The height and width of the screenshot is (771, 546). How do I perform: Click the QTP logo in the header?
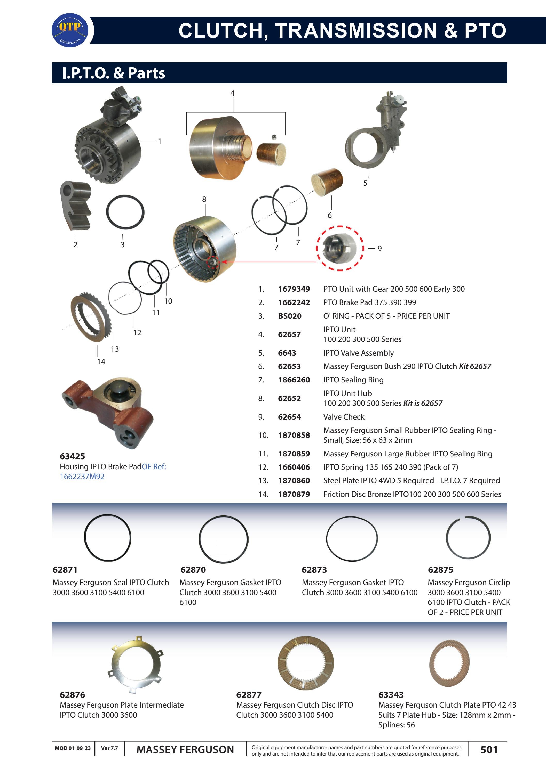(x=70, y=30)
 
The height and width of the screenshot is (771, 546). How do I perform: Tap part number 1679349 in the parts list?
(x=294, y=289)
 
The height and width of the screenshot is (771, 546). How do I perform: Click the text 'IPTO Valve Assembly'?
(x=358, y=353)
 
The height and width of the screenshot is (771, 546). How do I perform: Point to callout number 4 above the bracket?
(x=232, y=93)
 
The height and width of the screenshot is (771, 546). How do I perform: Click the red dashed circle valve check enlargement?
(x=339, y=248)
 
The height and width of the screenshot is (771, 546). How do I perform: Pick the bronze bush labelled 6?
(x=327, y=183)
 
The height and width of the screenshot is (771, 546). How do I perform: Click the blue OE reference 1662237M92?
(x=82, y=477)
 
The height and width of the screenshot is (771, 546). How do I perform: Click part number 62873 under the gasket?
(x=314, y=570)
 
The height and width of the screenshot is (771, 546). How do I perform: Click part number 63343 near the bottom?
(x=391, y=695)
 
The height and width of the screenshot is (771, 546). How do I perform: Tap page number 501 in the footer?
(x=489, y=750)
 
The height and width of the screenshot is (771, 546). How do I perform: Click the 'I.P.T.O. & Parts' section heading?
(x=114, y=73)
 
